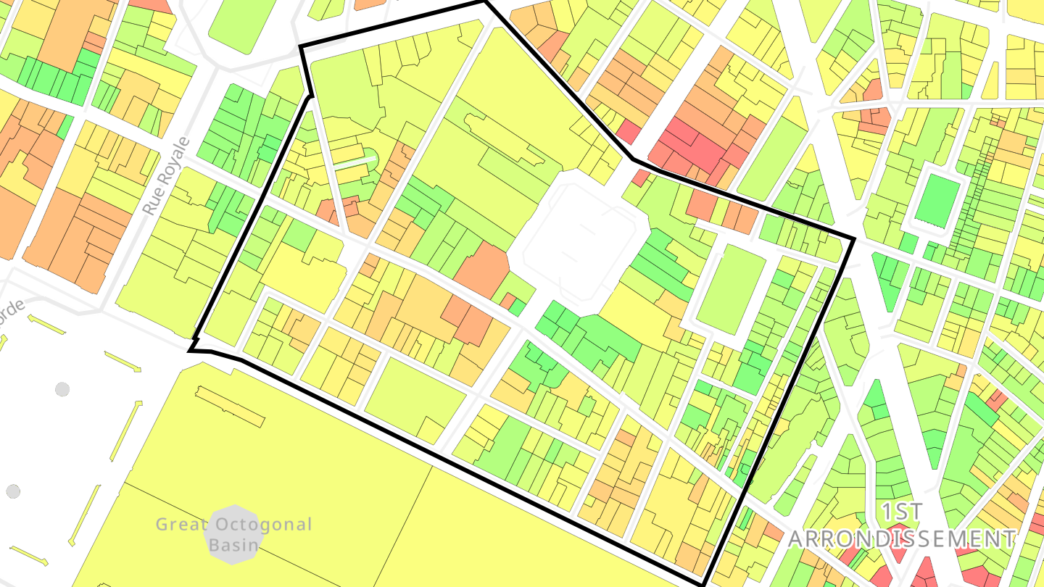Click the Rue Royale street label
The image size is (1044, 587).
click(166, 176)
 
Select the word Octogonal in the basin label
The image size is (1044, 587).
click(261, 524)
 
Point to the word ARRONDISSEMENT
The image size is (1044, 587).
click(902, 539)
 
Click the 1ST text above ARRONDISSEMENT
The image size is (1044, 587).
click(903, 512)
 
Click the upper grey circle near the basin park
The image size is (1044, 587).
click(62, 389)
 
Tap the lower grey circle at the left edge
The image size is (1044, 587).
click(12, 491)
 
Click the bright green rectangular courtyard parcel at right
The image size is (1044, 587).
click(937, 201)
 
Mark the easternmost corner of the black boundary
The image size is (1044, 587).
click(853, 238)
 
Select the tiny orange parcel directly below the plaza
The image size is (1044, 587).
click(508, 300)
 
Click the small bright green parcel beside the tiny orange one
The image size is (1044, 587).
click(518, 307)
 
